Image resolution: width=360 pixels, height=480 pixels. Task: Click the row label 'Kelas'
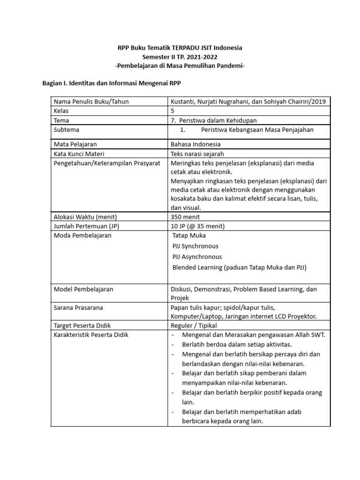point(61,111)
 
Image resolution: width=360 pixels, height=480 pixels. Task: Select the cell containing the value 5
point(173,111)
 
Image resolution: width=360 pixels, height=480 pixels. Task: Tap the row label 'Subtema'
point(67,130)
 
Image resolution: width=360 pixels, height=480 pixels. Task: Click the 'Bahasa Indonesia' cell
point(195,144)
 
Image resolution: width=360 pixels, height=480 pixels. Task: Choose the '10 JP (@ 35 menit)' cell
point(198,226)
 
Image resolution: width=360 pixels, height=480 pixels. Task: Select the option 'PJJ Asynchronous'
point(197,257)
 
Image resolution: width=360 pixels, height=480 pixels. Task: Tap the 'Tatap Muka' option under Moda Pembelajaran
point(189,235)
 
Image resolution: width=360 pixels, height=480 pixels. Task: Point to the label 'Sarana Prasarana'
point(78,307)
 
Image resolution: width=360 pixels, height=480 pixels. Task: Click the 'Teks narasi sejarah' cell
point(197,154)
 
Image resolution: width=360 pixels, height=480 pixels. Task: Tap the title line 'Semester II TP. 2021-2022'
point(180,57)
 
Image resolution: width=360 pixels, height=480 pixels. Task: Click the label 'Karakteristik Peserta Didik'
point(91,335)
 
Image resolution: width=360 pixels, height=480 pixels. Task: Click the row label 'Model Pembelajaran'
point(83,289)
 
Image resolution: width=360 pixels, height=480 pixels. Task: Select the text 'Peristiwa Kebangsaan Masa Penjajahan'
point(257,130)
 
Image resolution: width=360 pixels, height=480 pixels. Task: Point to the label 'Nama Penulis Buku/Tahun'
point(91,102)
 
